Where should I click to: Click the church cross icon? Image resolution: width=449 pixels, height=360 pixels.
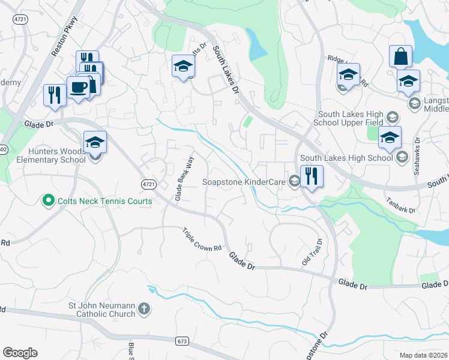[x=143, y=309]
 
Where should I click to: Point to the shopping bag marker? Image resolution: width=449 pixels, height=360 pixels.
[x=400, y=57]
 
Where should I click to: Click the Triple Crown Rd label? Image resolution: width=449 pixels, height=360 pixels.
[x=202, y=241]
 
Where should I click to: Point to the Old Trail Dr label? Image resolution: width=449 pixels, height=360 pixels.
[x=312, y=252]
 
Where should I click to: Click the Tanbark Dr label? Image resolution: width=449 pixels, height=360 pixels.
[x=400, y=205]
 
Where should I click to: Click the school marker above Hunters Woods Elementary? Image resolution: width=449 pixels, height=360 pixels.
[x=95, y=143]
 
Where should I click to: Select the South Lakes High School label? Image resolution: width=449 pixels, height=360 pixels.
[x=346, y=158]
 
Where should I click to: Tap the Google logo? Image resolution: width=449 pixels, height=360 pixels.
[x=20, y=353]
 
